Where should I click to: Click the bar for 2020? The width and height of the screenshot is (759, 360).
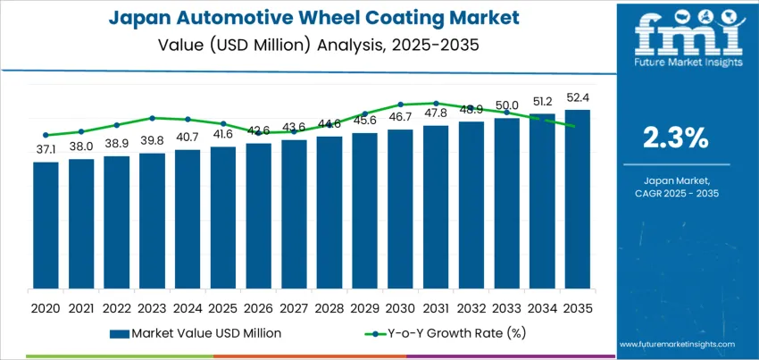click(46, 225)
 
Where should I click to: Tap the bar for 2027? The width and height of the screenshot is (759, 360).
click(294, 214)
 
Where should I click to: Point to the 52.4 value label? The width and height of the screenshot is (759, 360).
click(577, 98)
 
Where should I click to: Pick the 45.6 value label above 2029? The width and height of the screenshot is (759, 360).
click(364, 120)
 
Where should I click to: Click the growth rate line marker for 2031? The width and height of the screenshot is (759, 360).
click(436, 103)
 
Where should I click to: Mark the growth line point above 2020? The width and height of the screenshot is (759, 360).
click(46, 135)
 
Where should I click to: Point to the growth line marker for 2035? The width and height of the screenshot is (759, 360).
click(571, 126)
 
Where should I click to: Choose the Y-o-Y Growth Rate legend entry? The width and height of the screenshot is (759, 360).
click(439, 333)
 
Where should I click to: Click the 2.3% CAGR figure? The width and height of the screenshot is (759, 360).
click(676, 138)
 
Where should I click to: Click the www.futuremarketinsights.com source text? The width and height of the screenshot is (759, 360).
click(675, 344)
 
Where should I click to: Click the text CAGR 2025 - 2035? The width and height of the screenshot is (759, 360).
click(676, 193)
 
